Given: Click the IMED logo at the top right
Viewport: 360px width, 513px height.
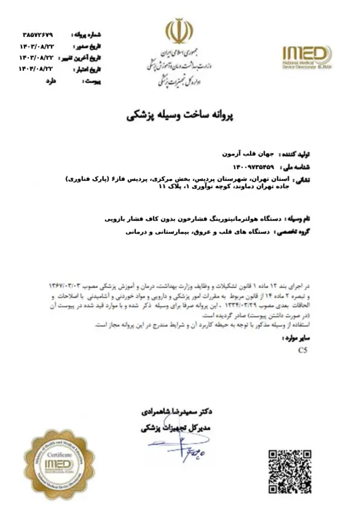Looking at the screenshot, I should pos(307,57).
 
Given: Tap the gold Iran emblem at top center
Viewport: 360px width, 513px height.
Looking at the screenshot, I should pos(179,32).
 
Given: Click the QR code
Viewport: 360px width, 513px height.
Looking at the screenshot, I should pos(289,471).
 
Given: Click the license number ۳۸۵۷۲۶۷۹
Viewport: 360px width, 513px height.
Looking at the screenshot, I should pos(38,35).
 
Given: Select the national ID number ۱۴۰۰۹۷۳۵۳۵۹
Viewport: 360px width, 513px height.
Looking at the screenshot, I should pos(253,167).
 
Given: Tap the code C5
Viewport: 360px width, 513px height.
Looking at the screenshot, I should pos(302,350).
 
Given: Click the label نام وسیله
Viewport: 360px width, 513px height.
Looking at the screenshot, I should pos(297,219).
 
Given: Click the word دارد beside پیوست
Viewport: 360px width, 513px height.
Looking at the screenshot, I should pos(51,81).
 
